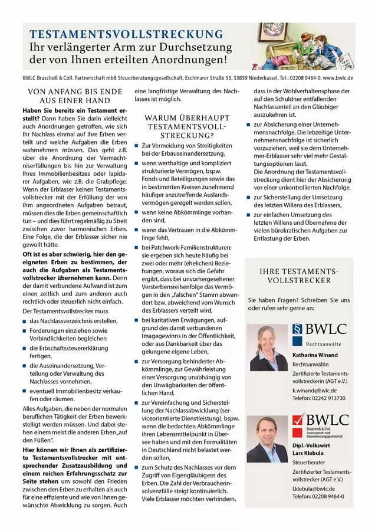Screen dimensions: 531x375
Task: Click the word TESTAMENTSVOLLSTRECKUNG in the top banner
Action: click(x=126, y=34)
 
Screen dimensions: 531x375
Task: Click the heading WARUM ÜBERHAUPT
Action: click(x=186, y=118)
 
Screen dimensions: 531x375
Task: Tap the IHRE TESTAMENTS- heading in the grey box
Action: click(x=299, y=271)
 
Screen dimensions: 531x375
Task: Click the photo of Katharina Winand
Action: click(x=267, y=348)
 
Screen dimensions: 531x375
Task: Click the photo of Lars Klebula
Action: click(x=267, y=440)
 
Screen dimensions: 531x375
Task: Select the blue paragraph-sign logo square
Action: click(x=297, y=330)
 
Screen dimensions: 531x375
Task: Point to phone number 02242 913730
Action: click(x=319, y=398)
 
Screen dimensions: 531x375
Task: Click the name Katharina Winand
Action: click(x=315, y=355)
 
